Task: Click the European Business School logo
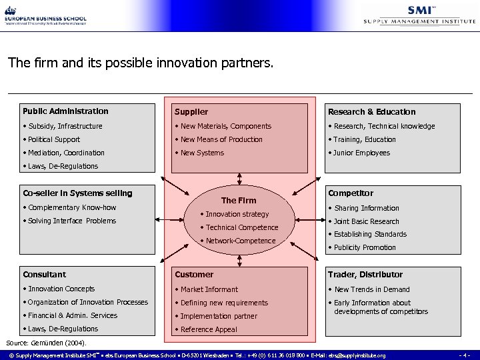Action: (45, 14)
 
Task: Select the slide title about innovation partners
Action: (140, 64)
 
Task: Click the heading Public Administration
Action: (65, 111)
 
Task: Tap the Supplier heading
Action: (191, 112)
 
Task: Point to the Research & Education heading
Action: (371, 112)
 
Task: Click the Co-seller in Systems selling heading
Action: (77, 193)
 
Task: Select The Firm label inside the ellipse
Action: (238, 200)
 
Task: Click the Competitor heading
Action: (350, 193)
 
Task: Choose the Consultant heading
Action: (44, 274)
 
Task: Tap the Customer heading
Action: (194, 274)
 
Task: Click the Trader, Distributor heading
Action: (365, 274)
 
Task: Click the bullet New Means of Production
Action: (221, 139)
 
